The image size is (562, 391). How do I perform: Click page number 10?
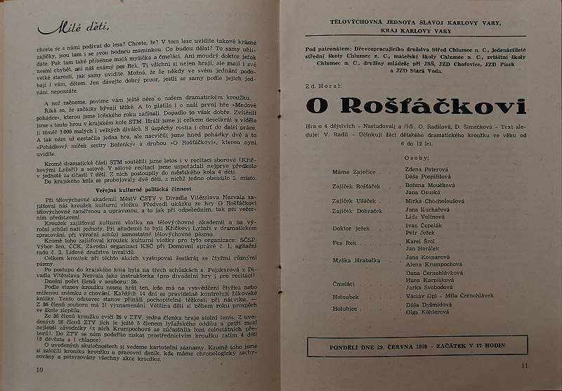coord(29,370)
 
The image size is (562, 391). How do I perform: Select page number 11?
coord(524,365)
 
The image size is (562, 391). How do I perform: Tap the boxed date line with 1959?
coord(417,347)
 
